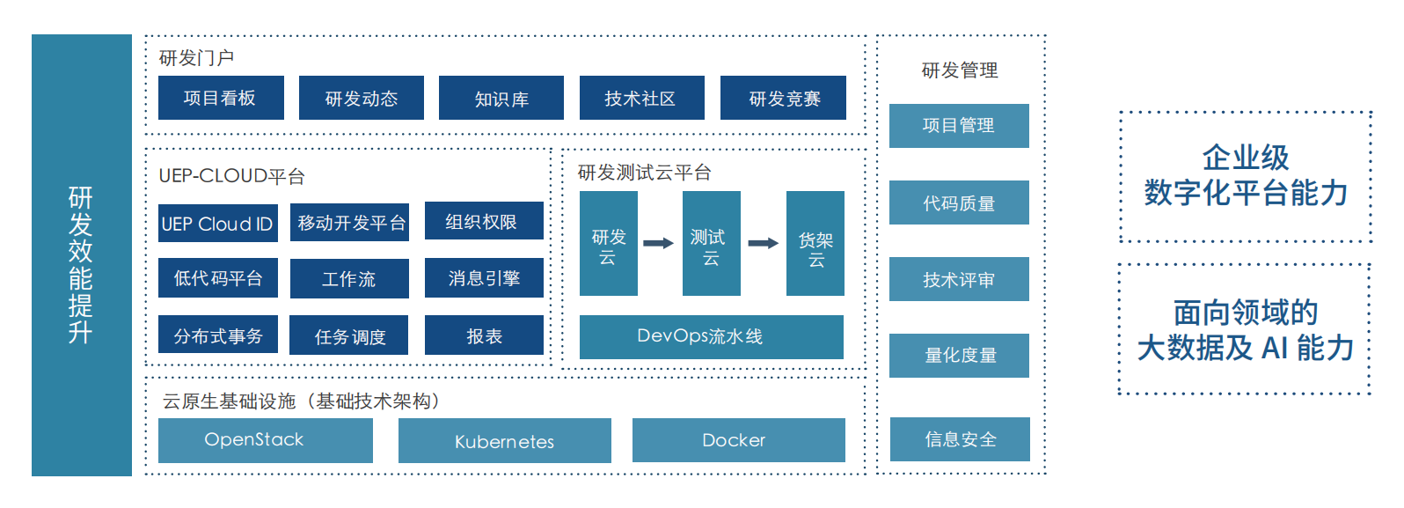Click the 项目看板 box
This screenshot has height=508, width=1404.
[221, 98]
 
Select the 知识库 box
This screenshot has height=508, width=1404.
[501, 98]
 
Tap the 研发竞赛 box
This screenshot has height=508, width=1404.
[783, 98]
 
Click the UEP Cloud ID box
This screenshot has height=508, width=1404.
[217, 224]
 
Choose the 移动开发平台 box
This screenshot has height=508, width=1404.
[349, 222]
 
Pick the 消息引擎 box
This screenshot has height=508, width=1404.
[484, 278]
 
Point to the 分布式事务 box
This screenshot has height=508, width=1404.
[217, 335]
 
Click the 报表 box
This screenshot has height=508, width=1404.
[484, 335]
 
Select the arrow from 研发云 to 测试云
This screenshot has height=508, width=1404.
[658, 243]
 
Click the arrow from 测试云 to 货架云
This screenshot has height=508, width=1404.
[763, 243]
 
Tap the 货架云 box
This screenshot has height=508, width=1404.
[815, 243]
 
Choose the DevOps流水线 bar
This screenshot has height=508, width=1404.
[712, 337]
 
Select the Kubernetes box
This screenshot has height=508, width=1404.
[505, 440]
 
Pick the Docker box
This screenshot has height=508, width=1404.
[738, 440]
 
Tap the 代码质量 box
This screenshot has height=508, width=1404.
[959, 202]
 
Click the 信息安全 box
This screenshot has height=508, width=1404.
[960, 439]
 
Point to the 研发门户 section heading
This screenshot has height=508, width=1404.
[197, 58]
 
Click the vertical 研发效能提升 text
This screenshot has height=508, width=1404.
[81, 265]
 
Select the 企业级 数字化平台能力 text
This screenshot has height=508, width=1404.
[1246, 175]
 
